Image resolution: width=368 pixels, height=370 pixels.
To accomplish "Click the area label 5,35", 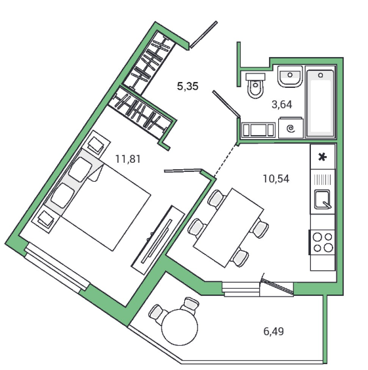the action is point(188,86).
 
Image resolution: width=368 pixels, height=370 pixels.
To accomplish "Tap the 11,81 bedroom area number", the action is point(128,159).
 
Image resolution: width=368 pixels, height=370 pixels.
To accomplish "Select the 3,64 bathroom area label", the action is point(282,104).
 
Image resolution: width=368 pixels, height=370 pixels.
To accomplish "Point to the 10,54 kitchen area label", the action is point(276,178).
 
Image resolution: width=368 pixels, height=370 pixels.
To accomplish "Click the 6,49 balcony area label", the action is point(274,331).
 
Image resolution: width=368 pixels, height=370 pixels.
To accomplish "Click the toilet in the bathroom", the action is point(255,85).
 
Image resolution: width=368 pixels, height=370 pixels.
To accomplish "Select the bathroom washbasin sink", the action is point(290,76).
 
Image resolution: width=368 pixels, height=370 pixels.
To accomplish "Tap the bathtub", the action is point(320,102).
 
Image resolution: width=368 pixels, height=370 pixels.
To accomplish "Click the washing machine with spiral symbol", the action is point(291,128).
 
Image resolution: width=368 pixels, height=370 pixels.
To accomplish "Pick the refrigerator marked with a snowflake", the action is point(323,157).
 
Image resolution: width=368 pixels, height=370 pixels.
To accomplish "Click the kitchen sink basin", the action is point(323,199).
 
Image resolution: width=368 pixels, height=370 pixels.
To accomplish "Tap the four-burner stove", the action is point(322,242).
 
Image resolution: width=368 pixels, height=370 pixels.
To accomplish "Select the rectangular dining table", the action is point(228,228).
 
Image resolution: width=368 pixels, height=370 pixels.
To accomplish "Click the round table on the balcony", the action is point(180,327).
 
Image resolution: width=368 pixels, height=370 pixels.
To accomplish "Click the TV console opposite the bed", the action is point(158,239).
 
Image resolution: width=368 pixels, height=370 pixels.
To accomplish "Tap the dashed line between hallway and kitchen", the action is point(226,161).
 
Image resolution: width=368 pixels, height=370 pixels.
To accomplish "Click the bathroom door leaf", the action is point(226,104).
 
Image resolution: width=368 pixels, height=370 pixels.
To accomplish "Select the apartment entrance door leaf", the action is point(203,35).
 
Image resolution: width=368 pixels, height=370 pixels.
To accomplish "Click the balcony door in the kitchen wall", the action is point(277,285).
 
